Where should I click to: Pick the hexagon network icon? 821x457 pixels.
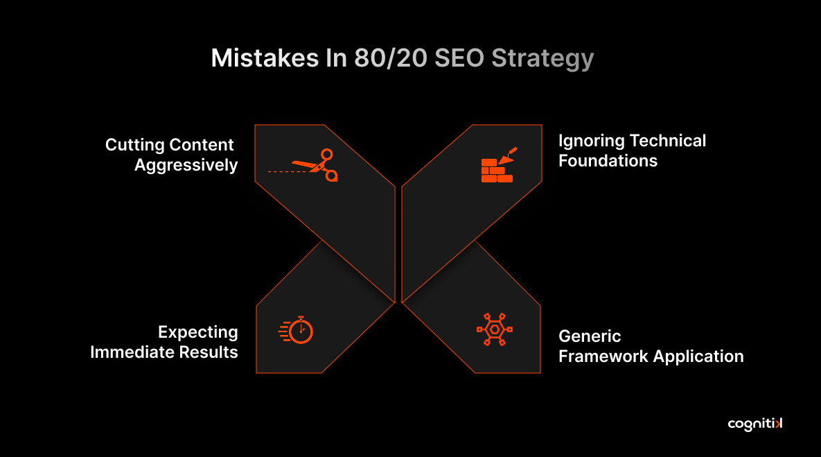pos(494,329)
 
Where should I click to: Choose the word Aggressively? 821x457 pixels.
pos(186,166)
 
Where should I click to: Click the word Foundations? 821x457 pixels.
pos(608,161)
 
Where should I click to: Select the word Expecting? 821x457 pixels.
pos(197,332)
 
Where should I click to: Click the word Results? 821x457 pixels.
pos(210,352)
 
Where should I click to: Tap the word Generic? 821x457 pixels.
pos(590,336)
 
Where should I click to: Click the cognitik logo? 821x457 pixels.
pos(755,424)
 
